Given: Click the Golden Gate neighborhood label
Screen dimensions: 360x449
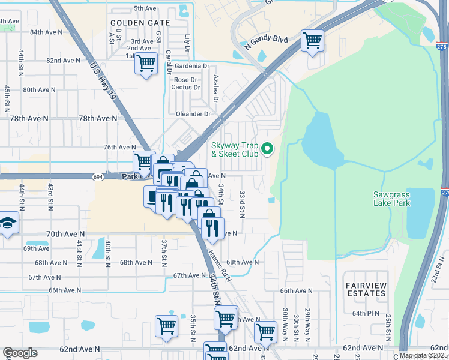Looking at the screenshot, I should [140, 23].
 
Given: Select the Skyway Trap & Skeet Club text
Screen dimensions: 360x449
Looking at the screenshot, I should [235, 149].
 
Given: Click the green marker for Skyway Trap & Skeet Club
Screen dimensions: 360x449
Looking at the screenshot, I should [269, 149].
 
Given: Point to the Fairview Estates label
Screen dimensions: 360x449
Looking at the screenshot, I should [366, 289].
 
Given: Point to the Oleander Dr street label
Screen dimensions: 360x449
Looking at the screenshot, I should [193, 114].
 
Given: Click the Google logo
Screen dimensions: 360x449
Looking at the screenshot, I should [20, 353].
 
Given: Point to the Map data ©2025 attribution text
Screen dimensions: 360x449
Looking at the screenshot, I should [423, 355].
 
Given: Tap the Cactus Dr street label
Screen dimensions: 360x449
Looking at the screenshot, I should [185, 88].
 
